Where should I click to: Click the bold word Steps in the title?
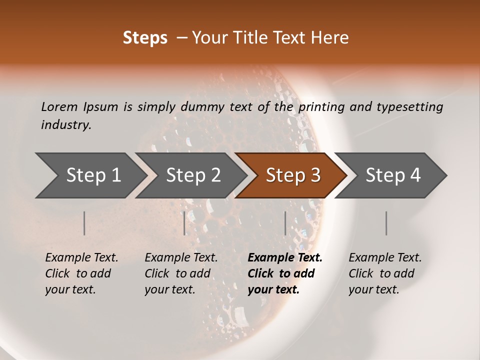point(145,38)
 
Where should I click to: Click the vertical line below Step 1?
point(84,223)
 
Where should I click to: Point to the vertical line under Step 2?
point(184,223)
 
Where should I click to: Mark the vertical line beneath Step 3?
point(285,223)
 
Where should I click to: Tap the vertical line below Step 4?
point(386,223)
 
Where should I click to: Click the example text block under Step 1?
point(81,273)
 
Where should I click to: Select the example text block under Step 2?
point(181,273)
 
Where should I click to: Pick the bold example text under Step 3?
point(285,273)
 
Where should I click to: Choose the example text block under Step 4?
point(385,273)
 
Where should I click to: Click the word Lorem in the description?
point(59,106)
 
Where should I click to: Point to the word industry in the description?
point(66,125)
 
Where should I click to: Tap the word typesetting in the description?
point(413,107)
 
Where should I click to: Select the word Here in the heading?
point(331,38)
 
